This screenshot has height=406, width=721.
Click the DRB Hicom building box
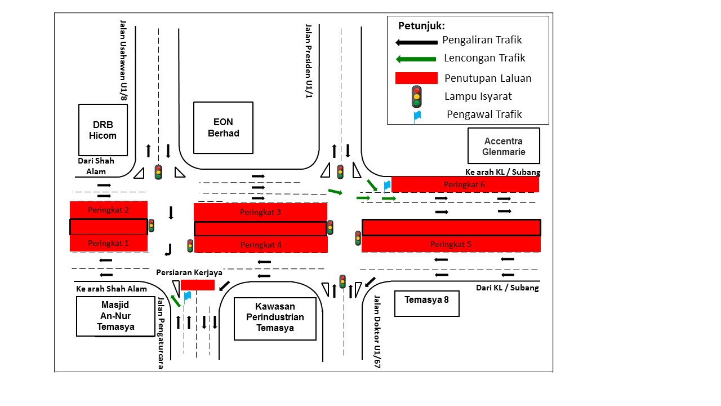coord(103,130)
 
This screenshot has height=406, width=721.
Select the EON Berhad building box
coord(223,127)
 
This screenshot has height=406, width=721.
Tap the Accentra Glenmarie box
coord(504,146)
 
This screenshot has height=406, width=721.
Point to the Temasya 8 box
coord(427,303)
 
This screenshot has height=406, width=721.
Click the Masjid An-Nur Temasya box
coord(115,316)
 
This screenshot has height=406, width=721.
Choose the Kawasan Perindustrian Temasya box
coord(275,319)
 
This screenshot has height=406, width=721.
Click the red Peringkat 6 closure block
coord(465,184)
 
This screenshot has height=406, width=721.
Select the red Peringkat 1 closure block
coord(108,243)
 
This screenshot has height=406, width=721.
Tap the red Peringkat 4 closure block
coord(260,245)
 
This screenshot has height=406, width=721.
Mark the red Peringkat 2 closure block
coord(108,210)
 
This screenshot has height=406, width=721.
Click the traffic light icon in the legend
coord(416,96)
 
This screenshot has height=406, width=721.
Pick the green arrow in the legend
coord(416,59)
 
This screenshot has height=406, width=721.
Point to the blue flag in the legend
coord(417,116)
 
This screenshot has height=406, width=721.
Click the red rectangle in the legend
coord(416,78)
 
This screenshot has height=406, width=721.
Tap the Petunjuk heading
coord(421,26)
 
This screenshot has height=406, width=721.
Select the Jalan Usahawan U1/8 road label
coord(123,61)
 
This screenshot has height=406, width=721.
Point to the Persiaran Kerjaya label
coord(189,272)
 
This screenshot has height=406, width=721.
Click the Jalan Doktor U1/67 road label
coord(377,333)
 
